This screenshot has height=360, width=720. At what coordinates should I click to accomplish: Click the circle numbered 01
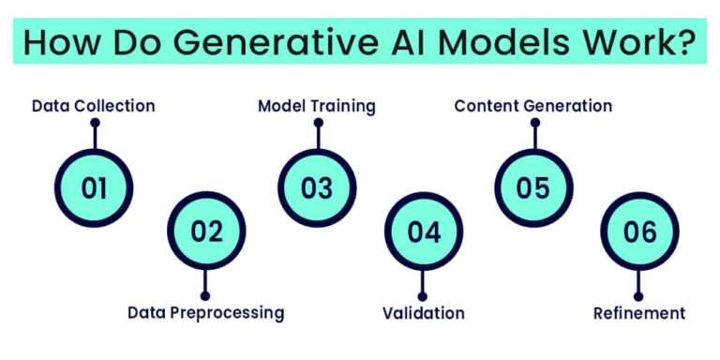94,187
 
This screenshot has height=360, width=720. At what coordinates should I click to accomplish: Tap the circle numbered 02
206,232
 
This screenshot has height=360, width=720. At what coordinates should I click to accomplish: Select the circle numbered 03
317,187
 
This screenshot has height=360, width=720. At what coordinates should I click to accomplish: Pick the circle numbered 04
424,232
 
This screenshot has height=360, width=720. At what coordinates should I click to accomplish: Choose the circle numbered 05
532,187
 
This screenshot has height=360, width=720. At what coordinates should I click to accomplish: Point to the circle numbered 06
639,232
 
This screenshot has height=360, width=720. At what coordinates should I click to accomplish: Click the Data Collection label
94,106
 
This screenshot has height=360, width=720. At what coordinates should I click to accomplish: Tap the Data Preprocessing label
206,312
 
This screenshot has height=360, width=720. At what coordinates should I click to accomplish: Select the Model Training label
317,106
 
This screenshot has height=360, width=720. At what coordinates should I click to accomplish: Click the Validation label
424,312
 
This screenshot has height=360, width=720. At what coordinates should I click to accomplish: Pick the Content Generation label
532,106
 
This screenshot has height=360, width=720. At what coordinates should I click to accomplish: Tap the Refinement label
639,312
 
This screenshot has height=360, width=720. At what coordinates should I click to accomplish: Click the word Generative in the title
264,43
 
